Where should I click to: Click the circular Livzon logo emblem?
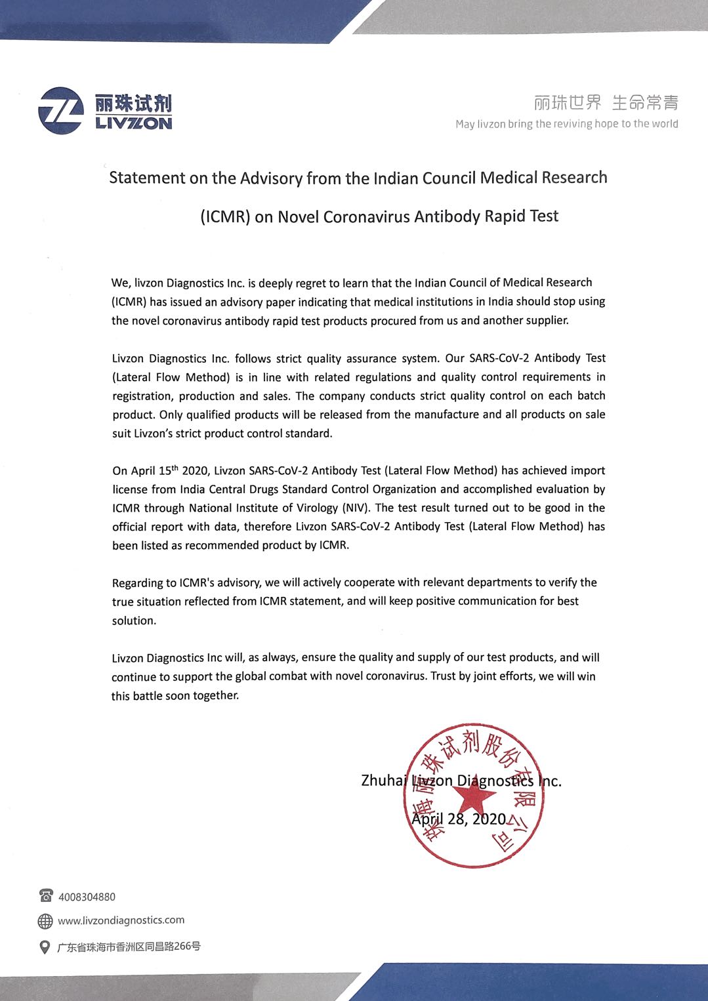pos(61,111)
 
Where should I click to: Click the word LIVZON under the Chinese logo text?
pos(133,123)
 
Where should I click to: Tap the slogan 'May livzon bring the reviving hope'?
pos(566,123)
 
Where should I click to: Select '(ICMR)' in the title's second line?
pos(225,216)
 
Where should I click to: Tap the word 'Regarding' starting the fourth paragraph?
pos(137,582)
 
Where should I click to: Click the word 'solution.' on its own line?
pos(134,620)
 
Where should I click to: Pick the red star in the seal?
pos(474,797)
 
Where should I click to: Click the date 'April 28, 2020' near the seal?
pos(459,819)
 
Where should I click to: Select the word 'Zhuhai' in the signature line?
pos(384,781)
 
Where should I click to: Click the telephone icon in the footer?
pos(46,895)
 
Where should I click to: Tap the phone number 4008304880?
pos(87,897)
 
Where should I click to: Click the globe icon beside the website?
pos(45,921)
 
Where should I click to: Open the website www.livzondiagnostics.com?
pos(121,920)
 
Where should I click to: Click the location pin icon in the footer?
pos(45,947)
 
